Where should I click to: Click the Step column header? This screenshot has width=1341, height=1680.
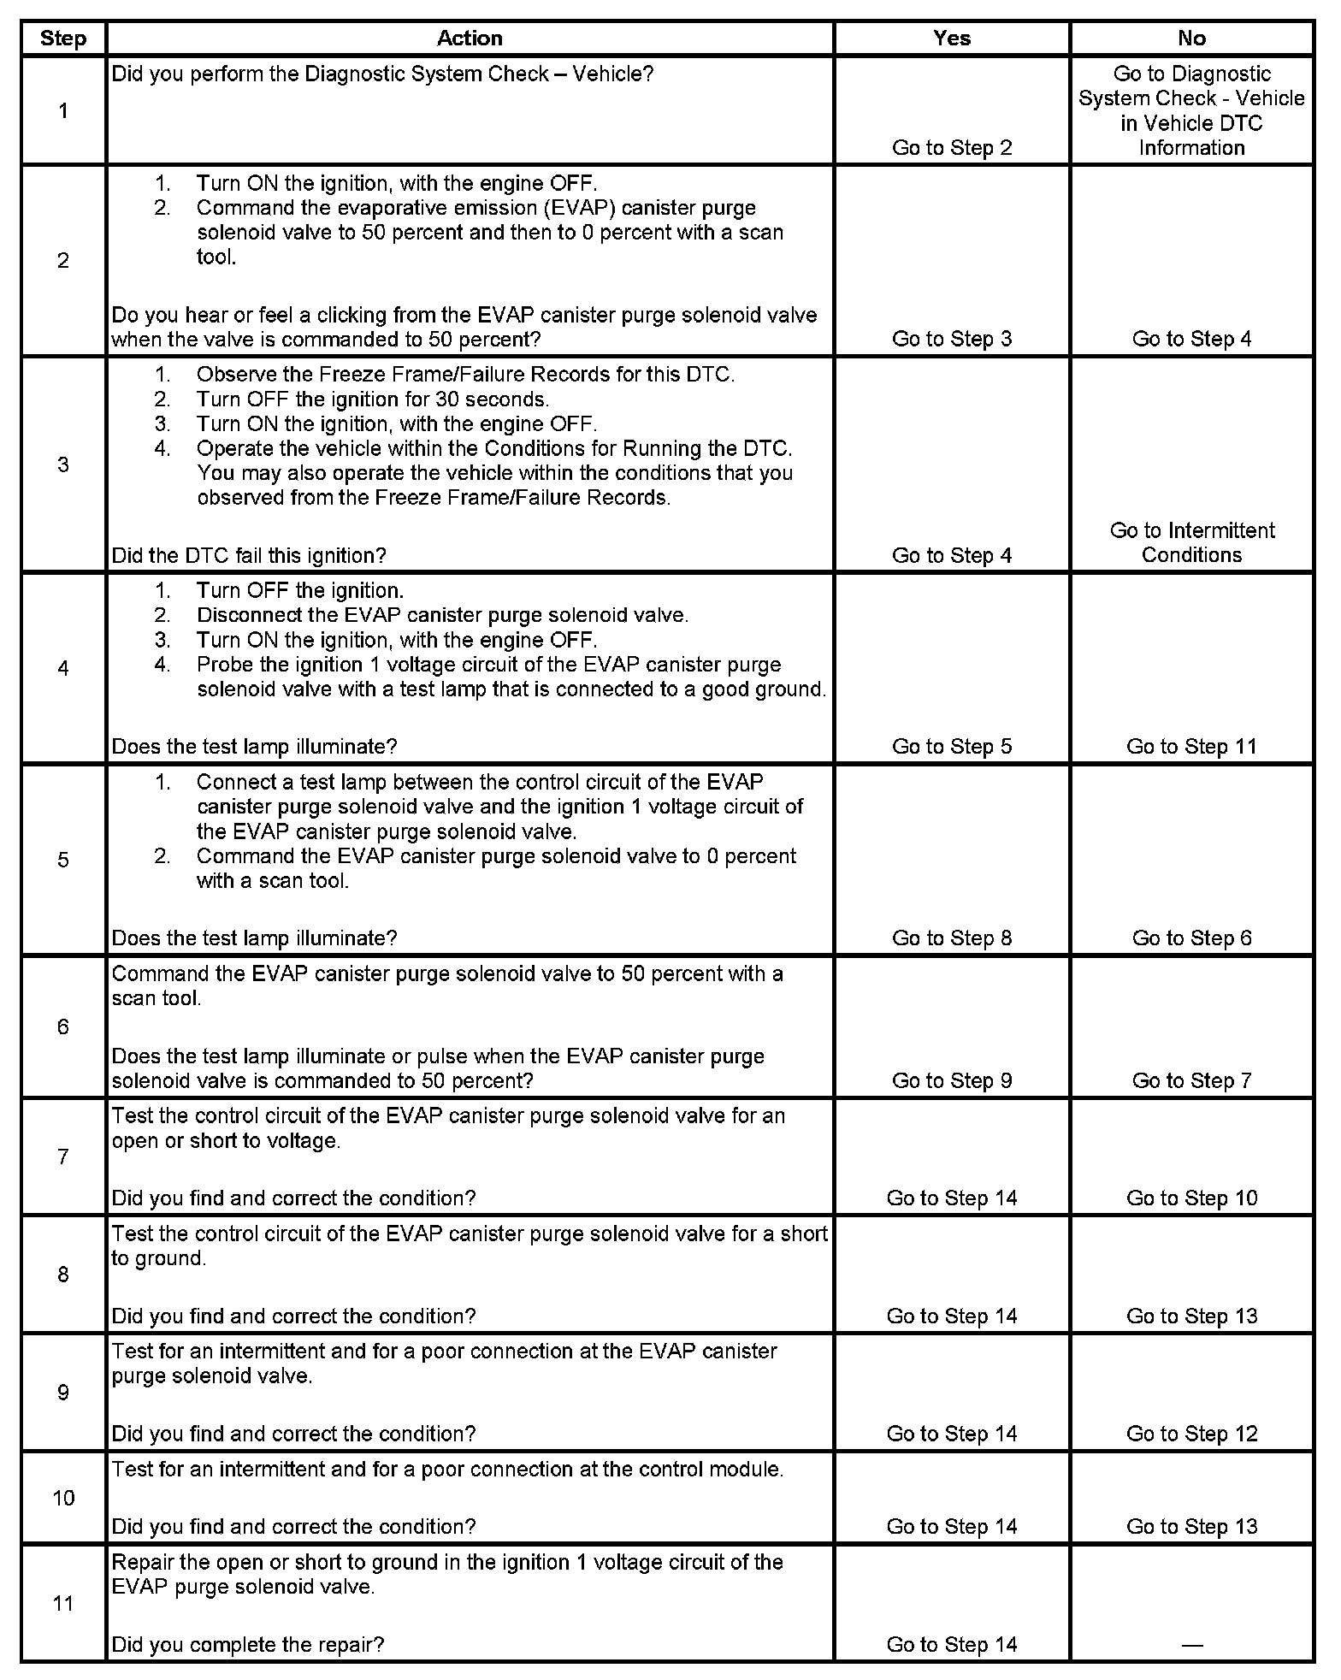[x=62, y=38]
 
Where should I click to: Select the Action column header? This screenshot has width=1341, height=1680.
[x=470, y=38]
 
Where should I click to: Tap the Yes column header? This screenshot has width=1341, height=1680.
[x=952, y=38]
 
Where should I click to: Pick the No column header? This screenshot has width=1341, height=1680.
[x=1191, y=38]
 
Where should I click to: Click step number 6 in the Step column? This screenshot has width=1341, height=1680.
[x=62, y=1026]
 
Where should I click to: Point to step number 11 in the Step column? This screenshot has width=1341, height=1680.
[x=63, y=1603]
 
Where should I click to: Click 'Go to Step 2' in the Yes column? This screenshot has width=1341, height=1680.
[x=952, y=148]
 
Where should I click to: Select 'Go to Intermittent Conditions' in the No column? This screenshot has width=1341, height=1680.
[x=1191, y=542]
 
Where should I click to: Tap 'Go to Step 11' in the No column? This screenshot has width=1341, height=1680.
[x=1191, y=747]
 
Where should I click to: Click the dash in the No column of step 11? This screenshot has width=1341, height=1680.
[x=1191, y=1645]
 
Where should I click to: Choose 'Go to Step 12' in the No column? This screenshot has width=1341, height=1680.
[x=1191, y=1434]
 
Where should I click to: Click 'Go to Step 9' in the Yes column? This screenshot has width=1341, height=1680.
[x=952, y=1080]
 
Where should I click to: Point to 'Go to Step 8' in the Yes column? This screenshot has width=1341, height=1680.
[x=952, y=938]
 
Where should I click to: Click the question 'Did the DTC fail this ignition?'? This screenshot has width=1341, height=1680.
[x=249, y=556]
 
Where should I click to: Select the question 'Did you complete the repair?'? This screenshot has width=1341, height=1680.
[x=248, y=1645]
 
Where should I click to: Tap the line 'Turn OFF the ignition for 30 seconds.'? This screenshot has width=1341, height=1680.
[x=373, y=399]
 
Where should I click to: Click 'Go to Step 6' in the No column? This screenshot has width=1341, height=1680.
[x=1191, y=938]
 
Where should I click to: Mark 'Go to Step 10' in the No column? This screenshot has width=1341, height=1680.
[x=1191, y=1198]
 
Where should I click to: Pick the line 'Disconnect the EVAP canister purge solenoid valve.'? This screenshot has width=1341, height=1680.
[x=442, y=615]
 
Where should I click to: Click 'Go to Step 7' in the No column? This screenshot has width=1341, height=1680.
[x=1191, y=1080]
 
